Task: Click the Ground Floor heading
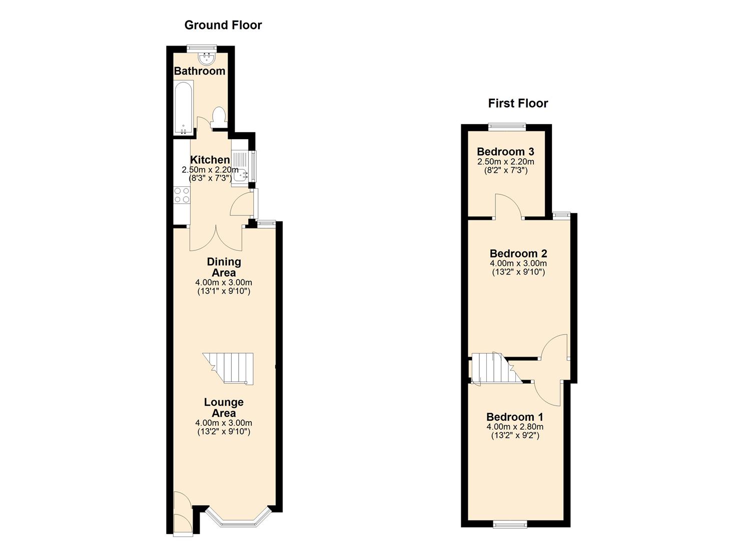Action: point(223,25)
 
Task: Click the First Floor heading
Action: point(518,103)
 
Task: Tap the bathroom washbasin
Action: point(207,59)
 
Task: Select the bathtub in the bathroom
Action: point(183,108)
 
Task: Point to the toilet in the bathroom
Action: point(219,117)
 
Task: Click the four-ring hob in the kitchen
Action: point(182,195)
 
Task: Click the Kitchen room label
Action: point(210,160)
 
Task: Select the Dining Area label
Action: point(224,267)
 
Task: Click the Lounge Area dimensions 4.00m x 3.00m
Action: point(224,423)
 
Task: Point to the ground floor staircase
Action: point(228,369)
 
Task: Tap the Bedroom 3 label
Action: point(505,152)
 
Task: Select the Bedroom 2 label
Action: point(518,253)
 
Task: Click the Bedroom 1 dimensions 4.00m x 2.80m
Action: point(515,427)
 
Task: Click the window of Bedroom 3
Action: point(507,127)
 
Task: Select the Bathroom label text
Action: point(199,71)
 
